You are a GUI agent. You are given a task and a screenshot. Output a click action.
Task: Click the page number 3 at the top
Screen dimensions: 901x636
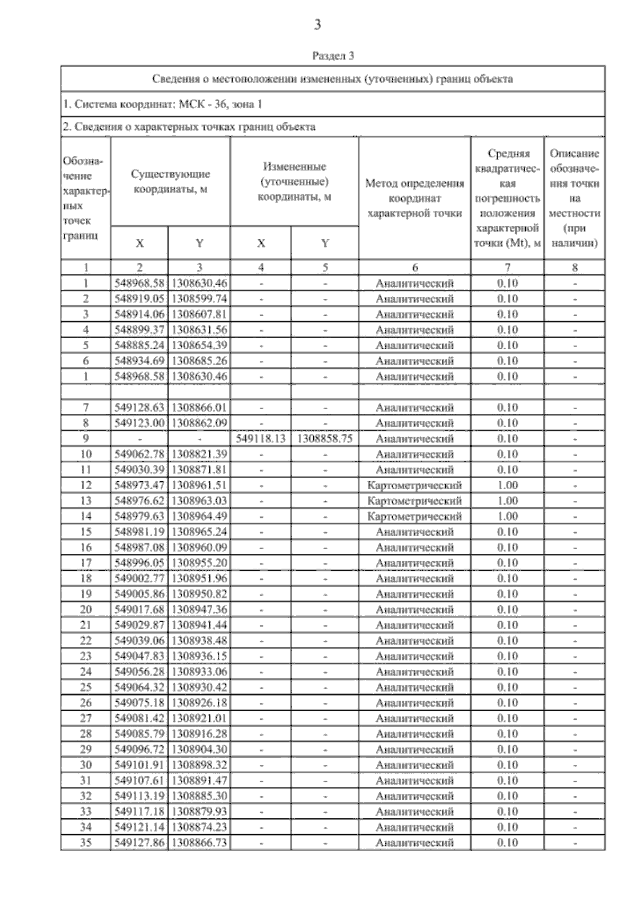point(317,25)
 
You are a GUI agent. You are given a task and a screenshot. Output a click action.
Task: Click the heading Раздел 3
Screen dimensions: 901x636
point(333,56)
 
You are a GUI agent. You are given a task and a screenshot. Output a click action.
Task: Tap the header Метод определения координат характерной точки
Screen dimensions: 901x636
point(414,198)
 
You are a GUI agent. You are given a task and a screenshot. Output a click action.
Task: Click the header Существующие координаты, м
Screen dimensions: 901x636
point(170,181)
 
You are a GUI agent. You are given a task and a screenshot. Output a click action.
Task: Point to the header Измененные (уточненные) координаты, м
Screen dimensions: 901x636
point(294,181)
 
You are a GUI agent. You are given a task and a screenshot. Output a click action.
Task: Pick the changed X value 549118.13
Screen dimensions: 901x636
point(261,439)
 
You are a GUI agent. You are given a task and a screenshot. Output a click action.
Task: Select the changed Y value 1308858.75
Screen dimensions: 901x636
point(325,439)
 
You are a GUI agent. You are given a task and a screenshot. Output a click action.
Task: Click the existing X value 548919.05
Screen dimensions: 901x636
point(139,298)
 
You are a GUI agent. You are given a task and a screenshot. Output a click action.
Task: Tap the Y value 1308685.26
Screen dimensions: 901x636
point(199,361)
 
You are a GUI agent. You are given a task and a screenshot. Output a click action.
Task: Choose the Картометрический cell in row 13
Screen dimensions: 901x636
point(414,501)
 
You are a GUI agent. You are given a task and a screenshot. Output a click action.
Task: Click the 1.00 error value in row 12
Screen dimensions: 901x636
point(507,485)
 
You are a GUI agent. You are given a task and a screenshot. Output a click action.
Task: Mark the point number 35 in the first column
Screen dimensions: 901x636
point(85,843)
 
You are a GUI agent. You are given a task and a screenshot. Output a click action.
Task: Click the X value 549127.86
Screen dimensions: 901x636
point(139,843)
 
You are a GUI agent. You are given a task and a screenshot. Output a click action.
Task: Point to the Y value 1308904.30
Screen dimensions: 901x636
point(199,749)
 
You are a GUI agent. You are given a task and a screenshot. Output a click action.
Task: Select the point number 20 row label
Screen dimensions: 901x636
point(85,609)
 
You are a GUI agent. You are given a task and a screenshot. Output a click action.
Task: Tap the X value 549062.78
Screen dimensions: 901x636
point(139,454)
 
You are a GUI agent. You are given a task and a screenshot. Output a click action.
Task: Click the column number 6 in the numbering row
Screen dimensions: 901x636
point(414,268)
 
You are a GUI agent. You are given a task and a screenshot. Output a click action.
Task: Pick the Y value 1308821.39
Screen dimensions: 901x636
point(199,454)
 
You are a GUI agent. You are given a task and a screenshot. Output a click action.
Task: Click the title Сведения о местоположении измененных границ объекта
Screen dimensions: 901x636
point(333,79)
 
